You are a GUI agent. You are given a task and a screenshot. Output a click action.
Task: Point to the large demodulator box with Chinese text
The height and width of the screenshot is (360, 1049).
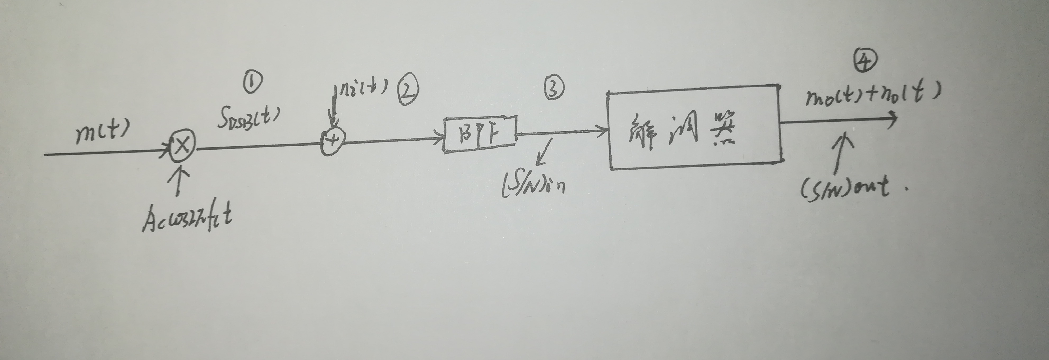(694, 127)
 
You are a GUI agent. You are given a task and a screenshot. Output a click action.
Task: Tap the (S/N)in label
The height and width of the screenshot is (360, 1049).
(533, 185)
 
